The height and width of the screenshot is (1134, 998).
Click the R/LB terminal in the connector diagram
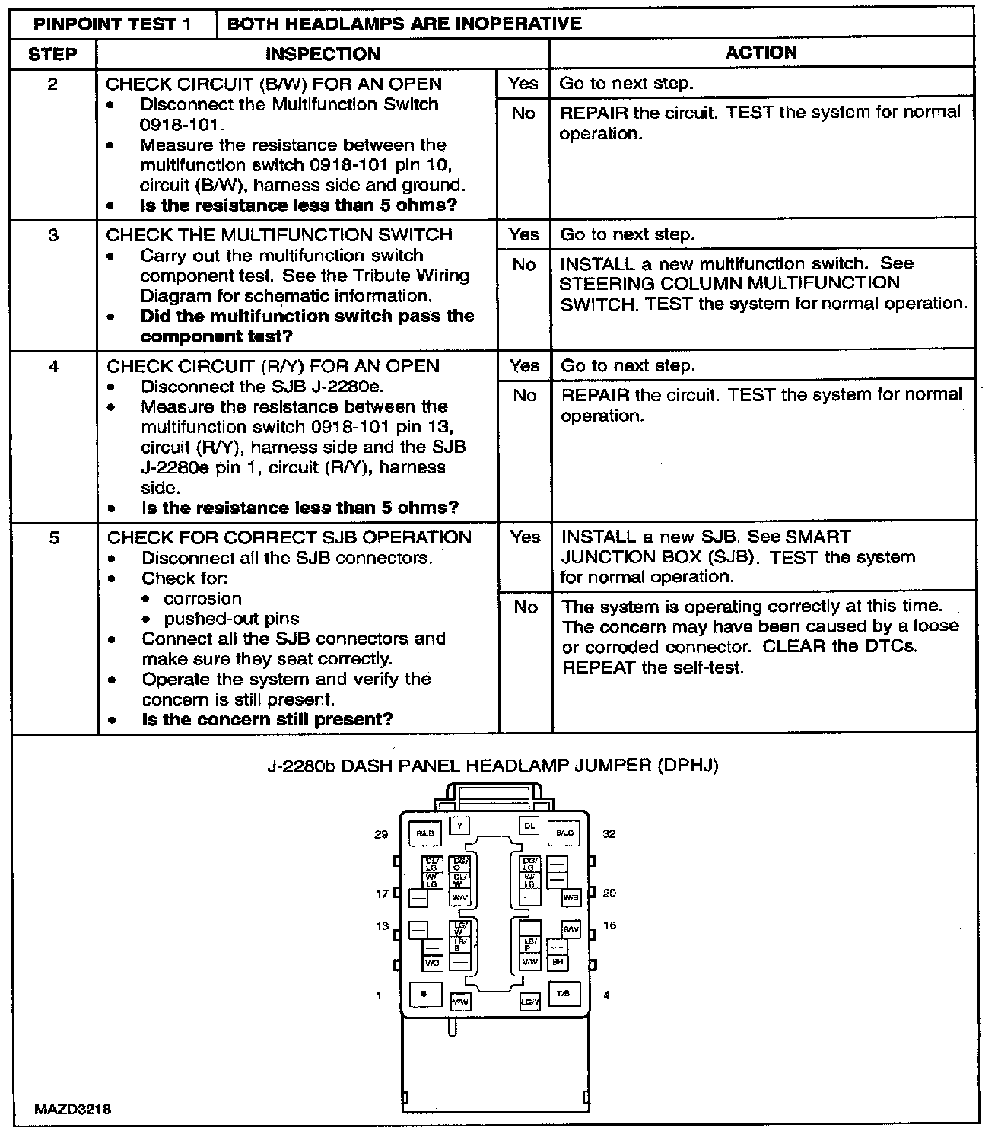424,833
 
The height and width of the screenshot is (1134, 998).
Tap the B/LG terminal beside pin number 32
564,833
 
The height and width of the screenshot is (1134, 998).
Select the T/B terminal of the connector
564,994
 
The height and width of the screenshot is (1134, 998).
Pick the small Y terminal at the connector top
459,825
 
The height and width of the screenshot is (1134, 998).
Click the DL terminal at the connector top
529,825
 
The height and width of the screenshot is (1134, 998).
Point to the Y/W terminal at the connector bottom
460,1002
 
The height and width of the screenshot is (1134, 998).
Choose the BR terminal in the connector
558,962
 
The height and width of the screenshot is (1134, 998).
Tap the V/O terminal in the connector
432,964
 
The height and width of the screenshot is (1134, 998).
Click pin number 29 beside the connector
381,834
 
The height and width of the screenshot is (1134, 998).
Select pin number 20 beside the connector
609,893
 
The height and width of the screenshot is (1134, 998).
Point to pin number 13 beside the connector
381,926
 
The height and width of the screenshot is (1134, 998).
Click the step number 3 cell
53,235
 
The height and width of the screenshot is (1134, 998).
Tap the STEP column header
52,54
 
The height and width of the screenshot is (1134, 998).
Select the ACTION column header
761,53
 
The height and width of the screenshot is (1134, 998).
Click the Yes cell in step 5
525,537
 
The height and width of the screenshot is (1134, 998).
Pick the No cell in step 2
523,113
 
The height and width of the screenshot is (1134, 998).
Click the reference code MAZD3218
73,1109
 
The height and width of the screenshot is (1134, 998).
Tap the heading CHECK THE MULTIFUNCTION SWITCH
279,235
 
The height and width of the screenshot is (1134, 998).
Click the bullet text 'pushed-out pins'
231,619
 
